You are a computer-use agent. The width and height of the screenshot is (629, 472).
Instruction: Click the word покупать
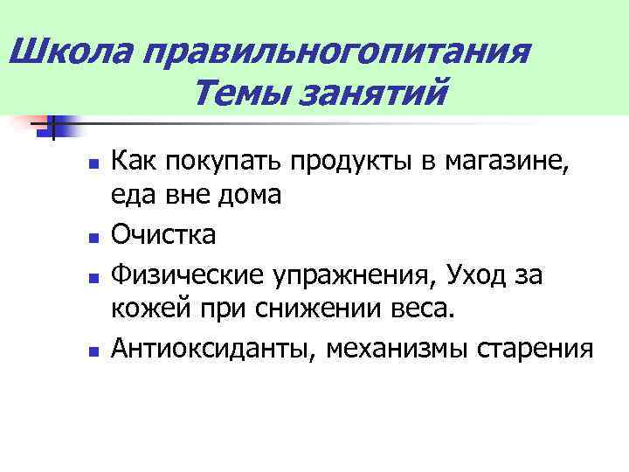point(229,162)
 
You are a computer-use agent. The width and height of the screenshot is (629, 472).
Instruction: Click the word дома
point(246,198)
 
